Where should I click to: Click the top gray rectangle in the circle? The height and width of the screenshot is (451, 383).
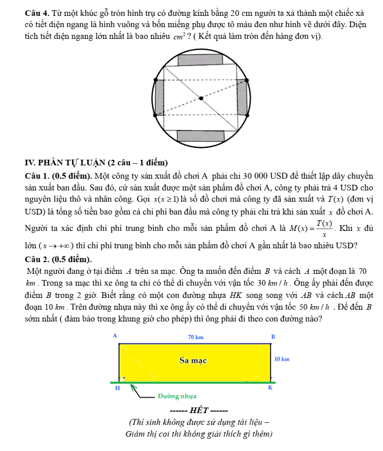(200, 59)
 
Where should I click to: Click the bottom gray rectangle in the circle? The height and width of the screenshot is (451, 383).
(200, 135)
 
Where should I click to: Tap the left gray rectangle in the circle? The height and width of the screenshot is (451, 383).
(159, 98)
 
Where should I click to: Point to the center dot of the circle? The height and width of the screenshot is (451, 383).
(200, 98)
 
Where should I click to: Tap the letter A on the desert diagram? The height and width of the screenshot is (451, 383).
(115, 335)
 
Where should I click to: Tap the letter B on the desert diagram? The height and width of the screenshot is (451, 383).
(273, 336)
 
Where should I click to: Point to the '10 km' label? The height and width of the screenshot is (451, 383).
(282, 359)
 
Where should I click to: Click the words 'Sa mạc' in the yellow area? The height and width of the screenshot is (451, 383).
(193, 360)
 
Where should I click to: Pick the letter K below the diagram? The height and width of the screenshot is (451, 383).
(271, 389)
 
